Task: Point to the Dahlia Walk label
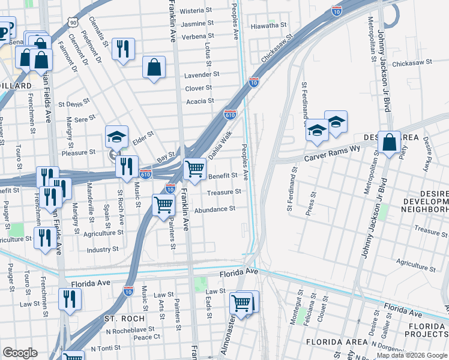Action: coord(220,146)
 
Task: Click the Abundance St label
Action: coord(214,209)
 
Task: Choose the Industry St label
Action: coord(103,250)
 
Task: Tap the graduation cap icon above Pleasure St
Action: coord(116,136)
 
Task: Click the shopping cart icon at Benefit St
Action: coord(194,169)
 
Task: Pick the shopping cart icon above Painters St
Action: coord(163,205)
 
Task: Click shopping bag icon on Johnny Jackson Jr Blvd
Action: coord(389,143)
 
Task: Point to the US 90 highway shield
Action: coord(73,22)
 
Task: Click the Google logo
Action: coord(20,353)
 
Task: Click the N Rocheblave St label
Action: coord(130,329)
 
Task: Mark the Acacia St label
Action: coord(199,101)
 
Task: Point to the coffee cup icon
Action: coord(3,31)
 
